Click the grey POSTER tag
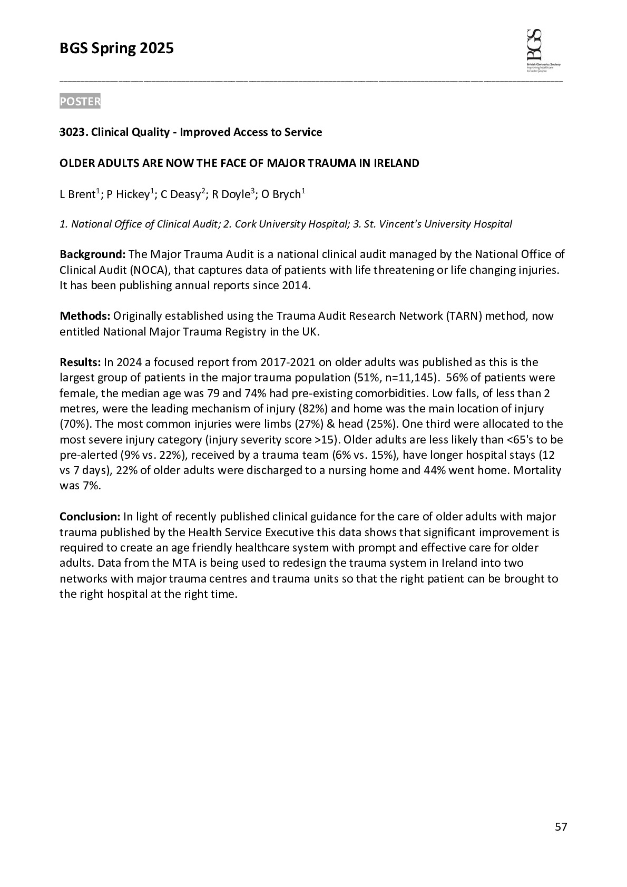pos(80,101)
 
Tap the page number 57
pos(561,826)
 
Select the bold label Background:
pos(92,255)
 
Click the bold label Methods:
pos(85,316)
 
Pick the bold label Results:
pos(80,362)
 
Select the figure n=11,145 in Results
pos(412,378)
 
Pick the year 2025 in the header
pos(156,49)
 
